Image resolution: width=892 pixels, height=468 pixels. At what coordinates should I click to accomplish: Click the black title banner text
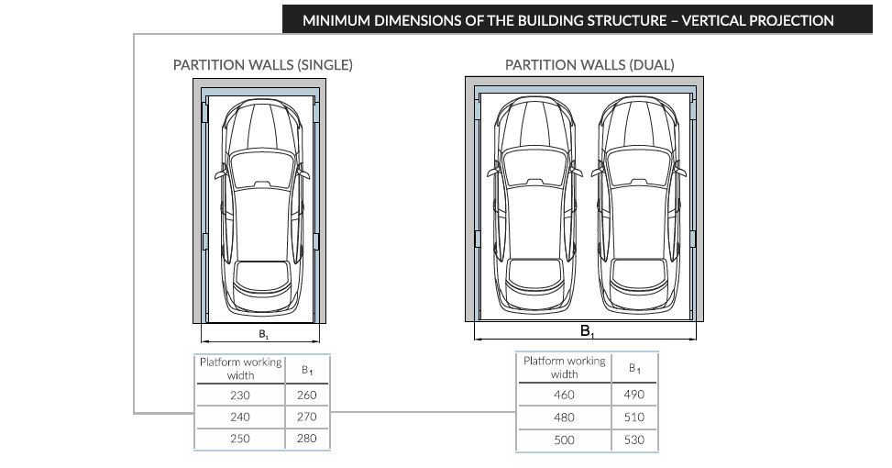[x=567, y=20]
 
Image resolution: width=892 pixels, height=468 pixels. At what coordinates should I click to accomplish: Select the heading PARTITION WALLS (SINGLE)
[x=263, y=65]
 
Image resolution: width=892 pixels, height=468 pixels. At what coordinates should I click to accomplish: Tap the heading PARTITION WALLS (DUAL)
[x=589, y=65]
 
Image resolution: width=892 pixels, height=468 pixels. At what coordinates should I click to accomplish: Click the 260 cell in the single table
[x=306, y=396]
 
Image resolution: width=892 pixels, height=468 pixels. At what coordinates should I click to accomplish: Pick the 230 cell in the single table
[x=240, y=396]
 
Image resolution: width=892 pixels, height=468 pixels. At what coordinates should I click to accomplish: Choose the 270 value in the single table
[x=306, y=417]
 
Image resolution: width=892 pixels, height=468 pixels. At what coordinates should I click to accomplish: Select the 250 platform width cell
[x=240, y=439]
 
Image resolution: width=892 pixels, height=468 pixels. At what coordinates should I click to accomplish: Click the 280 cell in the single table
[x=306, y=439]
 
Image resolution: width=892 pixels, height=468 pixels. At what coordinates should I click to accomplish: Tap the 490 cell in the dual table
[x=633, y=395]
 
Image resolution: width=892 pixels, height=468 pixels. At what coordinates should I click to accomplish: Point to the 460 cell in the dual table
[x=564, y=395]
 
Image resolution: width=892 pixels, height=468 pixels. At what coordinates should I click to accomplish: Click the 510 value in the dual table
[x=633, y=418]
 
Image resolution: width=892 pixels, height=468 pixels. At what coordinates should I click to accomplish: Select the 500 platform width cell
[x=564, y=440]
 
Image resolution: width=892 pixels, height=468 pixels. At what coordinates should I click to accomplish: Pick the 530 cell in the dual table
[x=633, y=440]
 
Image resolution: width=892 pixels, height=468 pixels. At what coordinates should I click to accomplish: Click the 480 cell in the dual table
[x=564, y=418]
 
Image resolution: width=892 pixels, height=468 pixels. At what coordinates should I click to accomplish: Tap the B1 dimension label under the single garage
[x=263, y=335]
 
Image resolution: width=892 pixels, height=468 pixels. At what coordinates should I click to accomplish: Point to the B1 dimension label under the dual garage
[x=587, y=331]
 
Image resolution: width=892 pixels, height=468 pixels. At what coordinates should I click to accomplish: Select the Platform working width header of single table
[x=240, y=368]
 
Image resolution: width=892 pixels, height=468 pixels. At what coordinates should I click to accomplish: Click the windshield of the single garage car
[x=262, y=169]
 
